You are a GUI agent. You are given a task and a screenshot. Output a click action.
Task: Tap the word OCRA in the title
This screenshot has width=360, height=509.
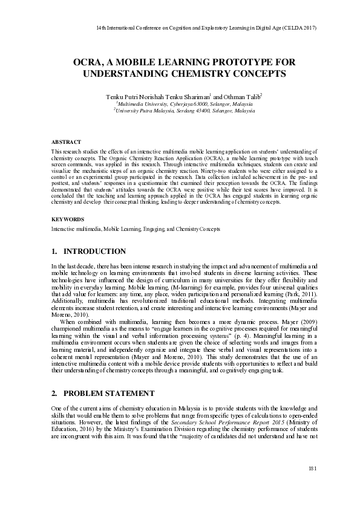click(x=87, y=62)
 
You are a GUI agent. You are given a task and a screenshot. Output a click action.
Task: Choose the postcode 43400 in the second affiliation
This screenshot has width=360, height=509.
click(x=200, y=111)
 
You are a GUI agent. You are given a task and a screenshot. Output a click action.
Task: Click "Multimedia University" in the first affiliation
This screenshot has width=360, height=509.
click(x=146, y=104)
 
